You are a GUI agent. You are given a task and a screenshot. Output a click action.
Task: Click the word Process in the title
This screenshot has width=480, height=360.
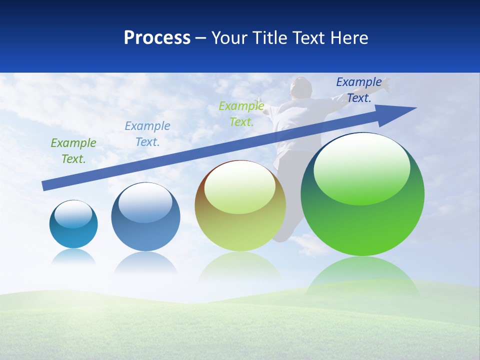click(157, 37)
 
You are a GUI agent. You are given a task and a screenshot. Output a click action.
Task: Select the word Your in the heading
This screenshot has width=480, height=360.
click(230, 37)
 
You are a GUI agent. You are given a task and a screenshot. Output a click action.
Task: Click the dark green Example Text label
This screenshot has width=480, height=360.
click(73, 150)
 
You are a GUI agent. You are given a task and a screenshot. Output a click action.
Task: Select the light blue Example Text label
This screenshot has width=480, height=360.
click(147, 133)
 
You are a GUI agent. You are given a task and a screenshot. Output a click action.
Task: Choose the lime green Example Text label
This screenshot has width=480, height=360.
click(241, 113)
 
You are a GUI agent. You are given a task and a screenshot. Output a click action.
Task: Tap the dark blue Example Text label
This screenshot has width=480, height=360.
click(359, 90)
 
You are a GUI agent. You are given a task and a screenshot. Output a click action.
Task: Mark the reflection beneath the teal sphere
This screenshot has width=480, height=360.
click(73, 256)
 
